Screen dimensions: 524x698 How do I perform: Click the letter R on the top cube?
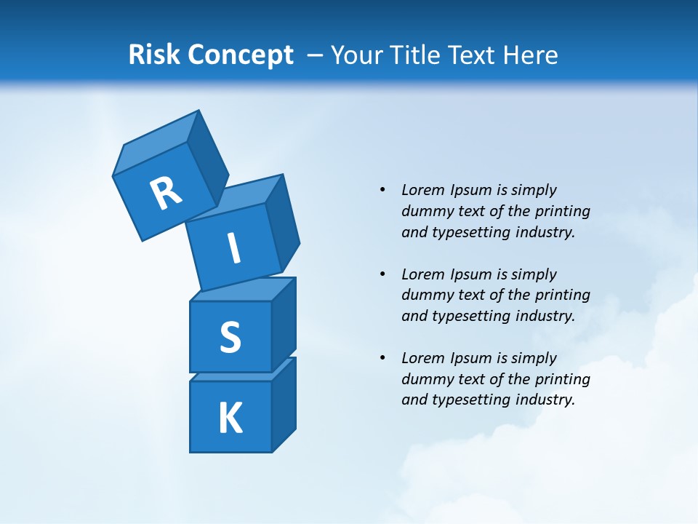click(x=166, y=193)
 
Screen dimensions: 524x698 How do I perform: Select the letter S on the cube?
click(x=230, y=337)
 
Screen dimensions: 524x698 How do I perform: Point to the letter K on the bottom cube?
click(x=230, y=418)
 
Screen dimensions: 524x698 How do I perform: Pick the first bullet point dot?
click(x=382, y=190)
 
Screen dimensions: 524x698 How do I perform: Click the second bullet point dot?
click(x=382, y=274)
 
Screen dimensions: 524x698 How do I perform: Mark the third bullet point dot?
click(x=382, y=358)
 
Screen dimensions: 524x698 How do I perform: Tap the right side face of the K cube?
click(x=284, y=404)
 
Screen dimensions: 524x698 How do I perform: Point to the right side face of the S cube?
click(x=284, y=324)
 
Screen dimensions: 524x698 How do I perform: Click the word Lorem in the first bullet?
click(x=422, y=190)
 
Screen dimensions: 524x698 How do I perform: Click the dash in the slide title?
click(x=316, y=55)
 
